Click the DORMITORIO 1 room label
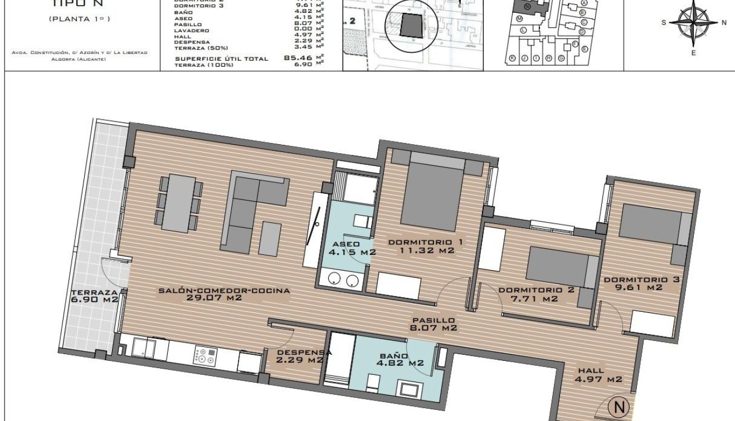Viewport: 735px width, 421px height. point(426,242)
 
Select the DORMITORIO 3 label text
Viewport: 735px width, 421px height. point(641,280)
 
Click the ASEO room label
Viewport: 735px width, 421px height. point(346,244)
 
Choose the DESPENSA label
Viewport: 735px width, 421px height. point(304,352)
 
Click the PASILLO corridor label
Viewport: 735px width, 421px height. point(433,320)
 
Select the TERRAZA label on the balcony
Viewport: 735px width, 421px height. point(94,292)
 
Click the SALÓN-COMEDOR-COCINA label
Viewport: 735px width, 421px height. point(224,290)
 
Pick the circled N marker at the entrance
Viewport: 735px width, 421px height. point(618,407)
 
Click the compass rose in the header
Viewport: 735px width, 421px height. point(694,23)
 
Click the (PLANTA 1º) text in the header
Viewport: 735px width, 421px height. point(79,19)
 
